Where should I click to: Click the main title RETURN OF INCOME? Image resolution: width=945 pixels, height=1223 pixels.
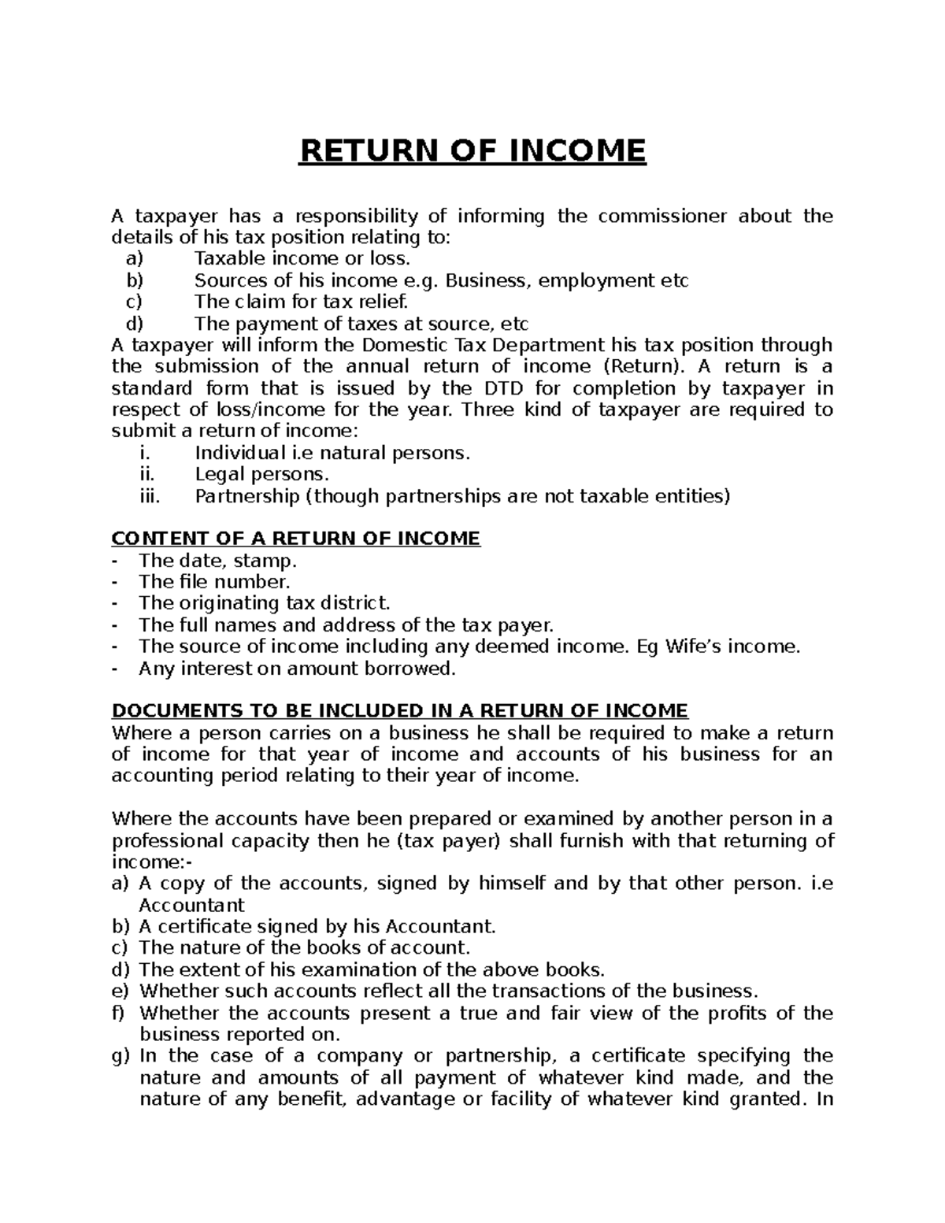472,150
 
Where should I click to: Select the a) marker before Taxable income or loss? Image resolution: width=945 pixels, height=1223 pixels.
135,259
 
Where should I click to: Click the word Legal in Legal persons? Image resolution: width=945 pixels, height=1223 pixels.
220,475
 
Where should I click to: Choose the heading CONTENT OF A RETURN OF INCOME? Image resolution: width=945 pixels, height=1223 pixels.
295,539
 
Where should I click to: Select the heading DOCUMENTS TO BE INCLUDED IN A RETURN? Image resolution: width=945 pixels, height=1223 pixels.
400,711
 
